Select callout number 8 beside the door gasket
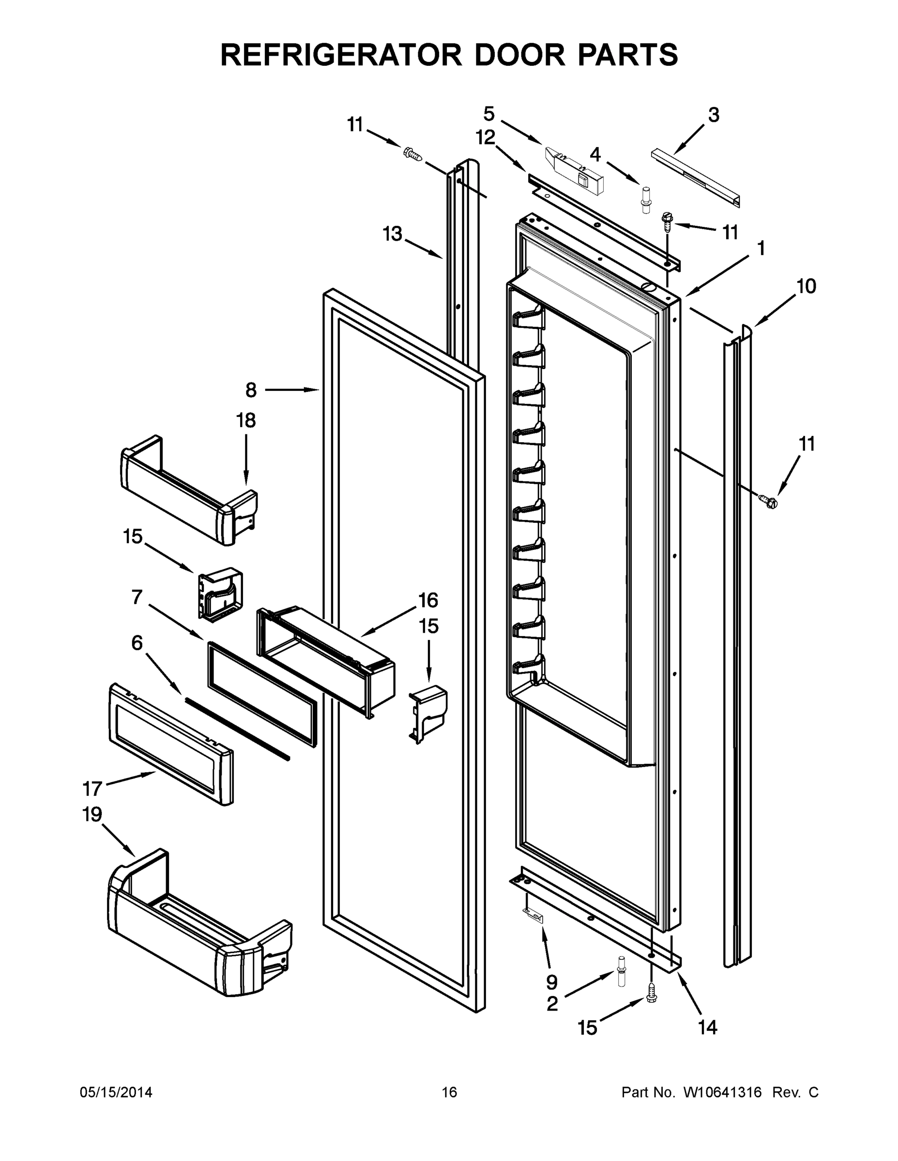point(251,390)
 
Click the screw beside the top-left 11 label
point(412,154)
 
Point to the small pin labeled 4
point(646,200)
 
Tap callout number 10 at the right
point(807,286)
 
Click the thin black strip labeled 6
point(237,728)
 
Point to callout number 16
point(428,600)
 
